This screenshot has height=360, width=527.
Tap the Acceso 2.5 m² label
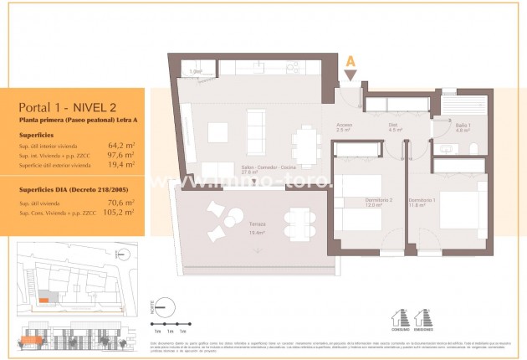pos(342,128)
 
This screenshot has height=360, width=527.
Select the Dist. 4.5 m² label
pos(396,128)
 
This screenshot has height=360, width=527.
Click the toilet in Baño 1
pos(473,149)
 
